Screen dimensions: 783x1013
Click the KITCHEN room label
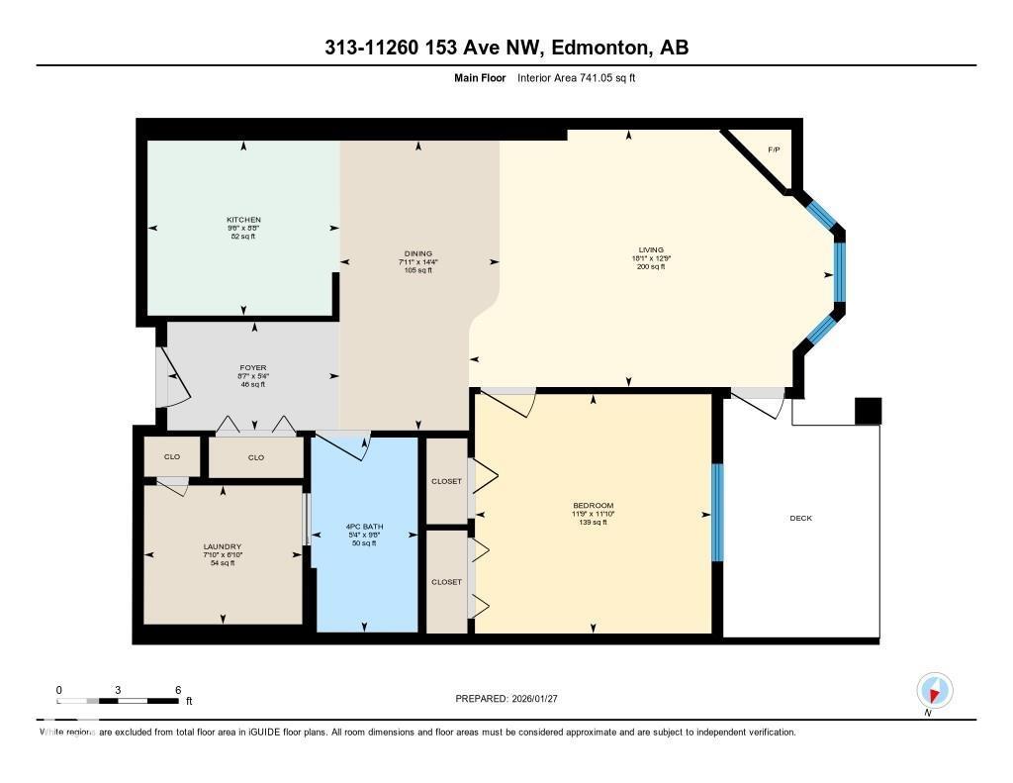coord(243,220)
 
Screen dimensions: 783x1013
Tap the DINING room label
coord(417,253)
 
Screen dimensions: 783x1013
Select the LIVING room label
coord(650,249)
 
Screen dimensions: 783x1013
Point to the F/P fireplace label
coord(774,149)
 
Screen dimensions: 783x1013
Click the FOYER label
coord(253,367)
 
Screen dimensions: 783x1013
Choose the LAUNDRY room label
coord(222,546)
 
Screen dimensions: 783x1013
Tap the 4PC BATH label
coord(364,526)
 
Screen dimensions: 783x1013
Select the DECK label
coord(800,518)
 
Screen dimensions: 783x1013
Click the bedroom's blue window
coord(717,513)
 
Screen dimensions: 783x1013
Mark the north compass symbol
coord(934,690)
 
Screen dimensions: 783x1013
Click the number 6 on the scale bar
coord(177,689)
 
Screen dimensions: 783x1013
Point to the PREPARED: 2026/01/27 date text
coord(507,698)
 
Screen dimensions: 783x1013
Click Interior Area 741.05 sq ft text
coord(576,77)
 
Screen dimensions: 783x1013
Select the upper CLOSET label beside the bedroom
coord(446,481)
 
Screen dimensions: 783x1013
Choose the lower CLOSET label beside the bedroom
coord(446,582)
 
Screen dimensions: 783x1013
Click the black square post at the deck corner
coord(868,411)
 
